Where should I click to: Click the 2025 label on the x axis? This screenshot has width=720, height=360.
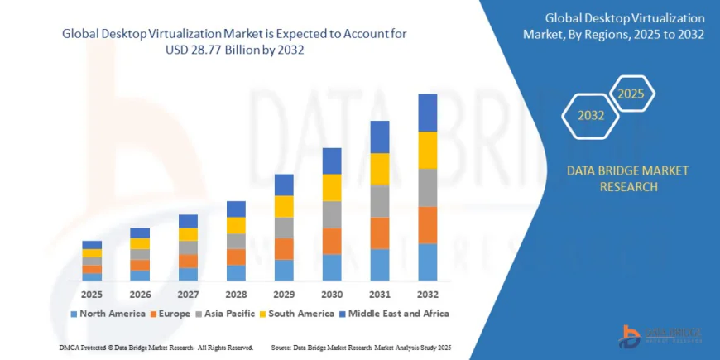[x=92, y=294]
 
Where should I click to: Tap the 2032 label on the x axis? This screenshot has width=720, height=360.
[x=427, y=294]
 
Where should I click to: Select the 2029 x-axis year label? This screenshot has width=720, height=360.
[x=284, y=294]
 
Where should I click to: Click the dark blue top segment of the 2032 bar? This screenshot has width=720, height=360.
[x=427, y=113]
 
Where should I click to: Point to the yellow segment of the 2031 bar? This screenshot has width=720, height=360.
[x=379, y=169]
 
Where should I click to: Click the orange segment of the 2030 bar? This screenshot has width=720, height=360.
[x=332, y=240]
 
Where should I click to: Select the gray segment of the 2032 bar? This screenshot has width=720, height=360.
[x=427, y=187]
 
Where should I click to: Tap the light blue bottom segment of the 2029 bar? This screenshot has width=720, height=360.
[x=284, y=270]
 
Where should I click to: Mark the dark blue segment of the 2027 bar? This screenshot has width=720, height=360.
[x=188, y=221]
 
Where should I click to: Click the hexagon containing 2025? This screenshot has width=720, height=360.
[x=631, y=93]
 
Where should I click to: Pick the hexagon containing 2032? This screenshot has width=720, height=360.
[x=590, y=115]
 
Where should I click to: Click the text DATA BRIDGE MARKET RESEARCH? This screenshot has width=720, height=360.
[x=626, y=178]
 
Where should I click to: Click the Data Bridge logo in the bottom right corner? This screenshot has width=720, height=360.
[x=660, y=333]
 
